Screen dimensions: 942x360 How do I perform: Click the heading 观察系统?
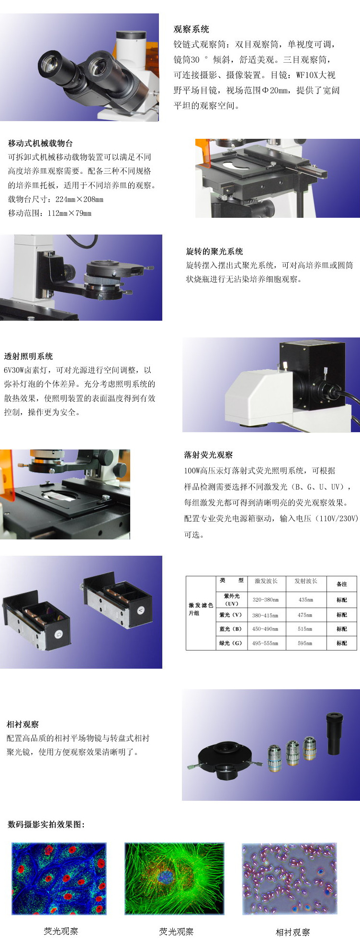coord(191,29)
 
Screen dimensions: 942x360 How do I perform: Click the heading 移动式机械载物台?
coord(40,143)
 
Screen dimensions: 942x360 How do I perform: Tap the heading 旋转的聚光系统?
coord(214,251)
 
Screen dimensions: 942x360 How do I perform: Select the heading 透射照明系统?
coord(28,356)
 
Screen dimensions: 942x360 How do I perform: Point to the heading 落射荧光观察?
coord(208,455)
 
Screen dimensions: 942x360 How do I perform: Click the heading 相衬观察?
coord(22,724)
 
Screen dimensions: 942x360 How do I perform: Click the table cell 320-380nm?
coord(265,599)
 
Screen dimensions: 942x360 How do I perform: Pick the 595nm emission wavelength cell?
coord(305,643)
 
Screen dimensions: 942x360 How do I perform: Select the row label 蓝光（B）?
coord(231,629)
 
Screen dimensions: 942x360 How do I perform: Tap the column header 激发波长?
coord(266,581)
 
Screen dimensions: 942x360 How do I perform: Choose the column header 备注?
coord(341,583)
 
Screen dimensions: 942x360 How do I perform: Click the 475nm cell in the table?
coord(305,615)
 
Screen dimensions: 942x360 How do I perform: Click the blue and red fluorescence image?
coord(59,879)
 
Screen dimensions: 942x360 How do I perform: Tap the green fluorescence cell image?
coord(174,879)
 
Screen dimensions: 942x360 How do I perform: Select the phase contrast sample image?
coord(289,879)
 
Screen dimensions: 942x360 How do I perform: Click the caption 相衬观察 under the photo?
coord(292,932)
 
